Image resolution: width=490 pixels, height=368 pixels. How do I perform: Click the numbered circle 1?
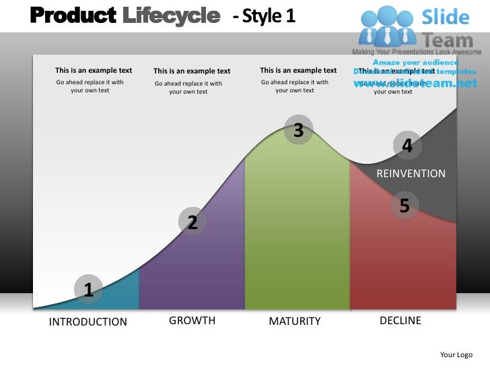88,290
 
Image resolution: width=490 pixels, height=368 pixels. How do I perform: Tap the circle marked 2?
193,222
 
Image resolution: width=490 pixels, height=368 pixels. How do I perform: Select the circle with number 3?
298,131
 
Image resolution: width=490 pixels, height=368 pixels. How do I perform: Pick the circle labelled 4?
407,145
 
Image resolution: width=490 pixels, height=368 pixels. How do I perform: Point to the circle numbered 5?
405,206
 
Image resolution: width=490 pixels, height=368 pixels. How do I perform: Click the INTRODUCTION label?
88,321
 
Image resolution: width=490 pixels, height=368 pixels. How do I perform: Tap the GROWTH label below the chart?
192,320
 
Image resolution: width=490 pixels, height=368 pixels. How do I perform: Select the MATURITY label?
295,321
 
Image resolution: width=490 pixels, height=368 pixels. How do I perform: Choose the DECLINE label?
400,320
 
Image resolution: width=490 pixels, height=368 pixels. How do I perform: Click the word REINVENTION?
411,173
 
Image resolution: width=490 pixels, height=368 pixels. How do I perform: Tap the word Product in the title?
73,14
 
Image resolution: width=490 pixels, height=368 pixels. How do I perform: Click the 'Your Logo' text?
456,355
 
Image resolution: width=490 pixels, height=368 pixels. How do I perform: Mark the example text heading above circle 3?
298,70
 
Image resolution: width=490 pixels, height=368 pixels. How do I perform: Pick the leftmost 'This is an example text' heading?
94,70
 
